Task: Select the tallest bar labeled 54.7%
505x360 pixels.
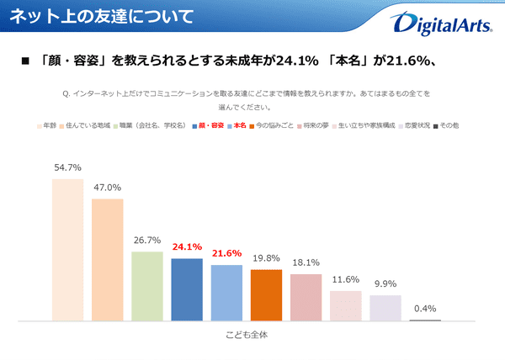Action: (67, 250)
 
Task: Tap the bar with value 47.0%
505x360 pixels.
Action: (107, 259)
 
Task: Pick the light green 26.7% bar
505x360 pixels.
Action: (146, 286)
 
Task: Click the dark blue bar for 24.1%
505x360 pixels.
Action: (186, 289)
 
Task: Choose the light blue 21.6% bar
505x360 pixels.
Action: (226, 293)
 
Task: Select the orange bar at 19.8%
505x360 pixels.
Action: (266, 294)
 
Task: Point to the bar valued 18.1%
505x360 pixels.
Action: (306, 297)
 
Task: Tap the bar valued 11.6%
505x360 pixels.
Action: (345, 305)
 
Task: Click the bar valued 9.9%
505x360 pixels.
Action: (385, 307)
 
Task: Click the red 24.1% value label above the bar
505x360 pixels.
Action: (186, 248)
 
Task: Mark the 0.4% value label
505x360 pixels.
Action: (425, 309)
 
